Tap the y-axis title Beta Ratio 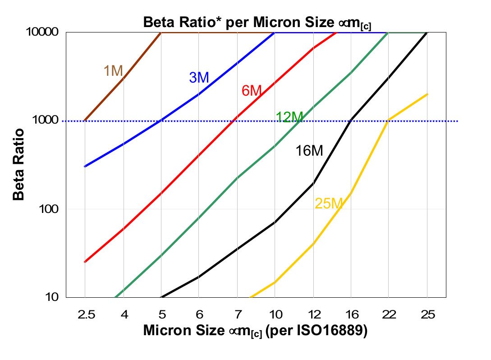tap(18, 164)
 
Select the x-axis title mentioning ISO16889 tap(256, 331)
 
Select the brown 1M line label tap(113, 71)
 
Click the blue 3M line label tap(199, 78)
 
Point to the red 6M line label tap(252, 91)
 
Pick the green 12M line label tap(289, 117)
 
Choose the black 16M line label tap(309, 151)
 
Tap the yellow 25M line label tap(329, 204)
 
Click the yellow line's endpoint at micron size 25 tap(427, 94)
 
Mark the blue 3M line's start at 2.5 tap(85, 166)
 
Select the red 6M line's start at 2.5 tap(85, 262)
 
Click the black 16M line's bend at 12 tap(313, 183)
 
